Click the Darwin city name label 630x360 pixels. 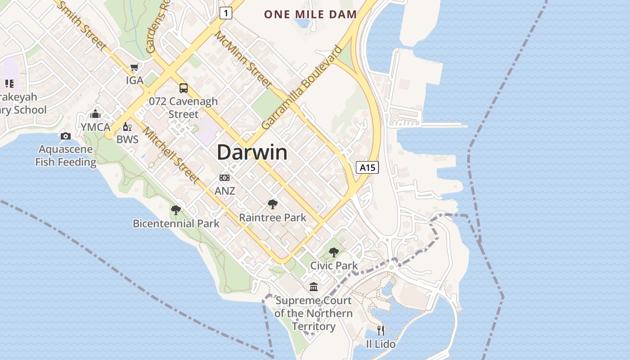click(252, 153)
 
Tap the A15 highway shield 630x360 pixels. click(367, 168)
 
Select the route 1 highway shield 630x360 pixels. click(226, 13)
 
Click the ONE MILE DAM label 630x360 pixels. click(310, 14)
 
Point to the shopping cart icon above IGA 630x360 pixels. click(134, 68)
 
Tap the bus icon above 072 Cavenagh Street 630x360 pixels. click(184, 88)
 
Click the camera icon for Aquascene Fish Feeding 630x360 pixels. click(66, 136)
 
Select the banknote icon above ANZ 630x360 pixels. click(225, 178)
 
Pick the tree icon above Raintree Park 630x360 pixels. click(272, 204)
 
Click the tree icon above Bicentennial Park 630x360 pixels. click(176, 210)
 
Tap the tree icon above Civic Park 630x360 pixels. click(333, 252)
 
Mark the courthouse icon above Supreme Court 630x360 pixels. click(314, 287)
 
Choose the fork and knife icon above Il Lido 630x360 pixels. click(381, 331)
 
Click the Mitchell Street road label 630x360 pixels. click(171, 155)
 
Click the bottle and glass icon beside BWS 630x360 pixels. click(127, 127)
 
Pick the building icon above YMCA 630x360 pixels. click(95, 114)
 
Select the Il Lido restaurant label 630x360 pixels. click(381, 344)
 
